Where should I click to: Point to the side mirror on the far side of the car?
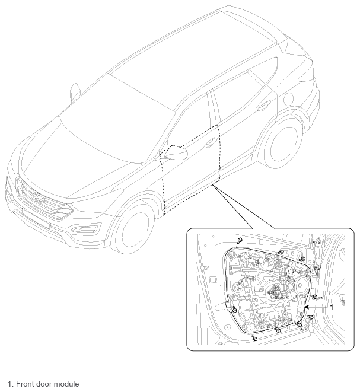click(x=75, y=92)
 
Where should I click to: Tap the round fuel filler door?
click(x=289, y=99)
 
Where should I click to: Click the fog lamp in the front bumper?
click(x=84, y=230)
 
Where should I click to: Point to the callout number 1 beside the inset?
click(x=332, y=307)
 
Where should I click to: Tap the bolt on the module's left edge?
click(x=234, y=310)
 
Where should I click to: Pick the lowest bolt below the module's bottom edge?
click(x=255, y=338)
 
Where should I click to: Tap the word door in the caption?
click(x=44, y=384)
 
